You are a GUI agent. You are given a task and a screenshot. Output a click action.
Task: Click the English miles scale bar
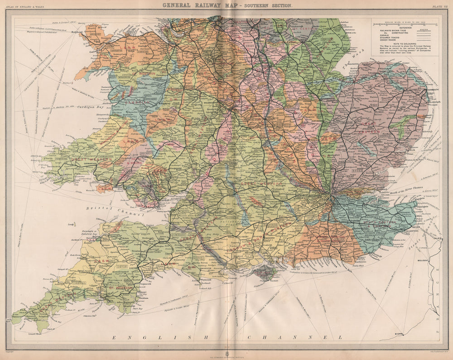(x=405, y=24)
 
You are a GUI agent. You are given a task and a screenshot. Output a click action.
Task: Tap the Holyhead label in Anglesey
(x=78, y=32)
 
